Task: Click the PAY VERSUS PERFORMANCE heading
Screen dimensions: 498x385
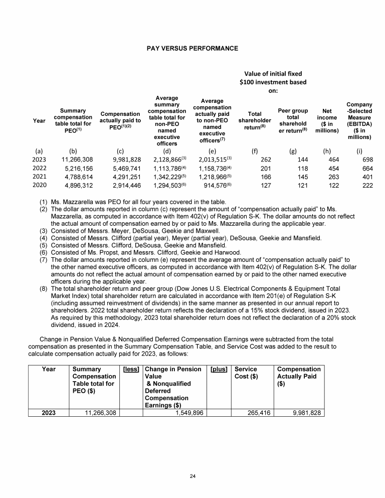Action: (192, 49)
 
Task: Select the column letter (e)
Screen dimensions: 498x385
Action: (212, 149)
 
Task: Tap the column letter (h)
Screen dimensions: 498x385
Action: (322, 149)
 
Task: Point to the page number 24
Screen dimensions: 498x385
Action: (192, 475)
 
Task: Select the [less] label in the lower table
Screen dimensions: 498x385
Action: (131, 369)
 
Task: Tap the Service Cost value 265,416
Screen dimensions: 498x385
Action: (256, 413)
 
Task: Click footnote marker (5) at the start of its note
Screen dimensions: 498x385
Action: (43, 245)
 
